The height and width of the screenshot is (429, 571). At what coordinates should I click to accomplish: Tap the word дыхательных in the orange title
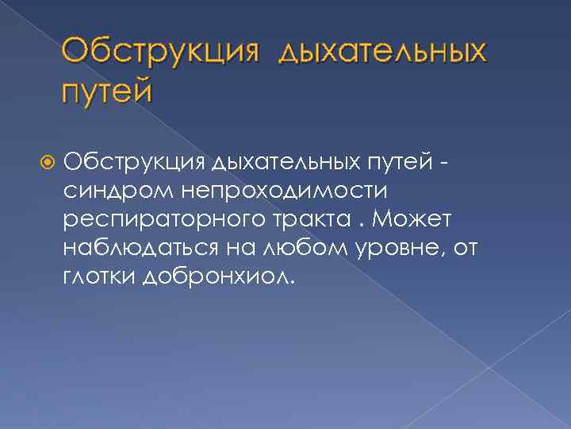[x=382, y=53]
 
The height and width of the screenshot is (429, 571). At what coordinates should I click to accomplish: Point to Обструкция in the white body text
[x=136, y=162]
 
